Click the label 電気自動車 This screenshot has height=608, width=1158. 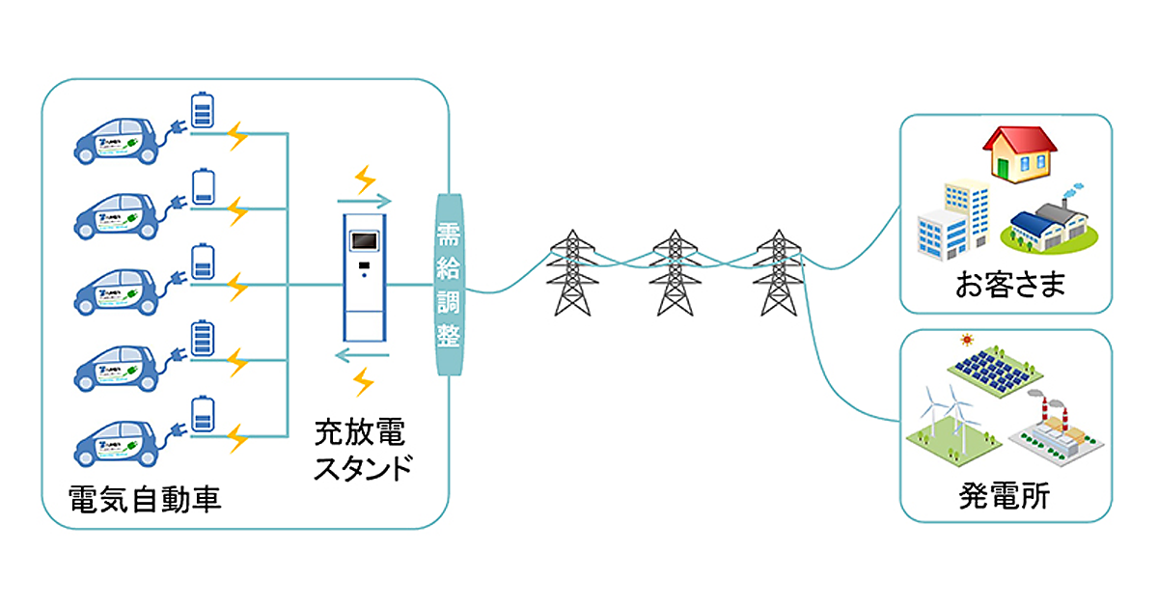click(x=146, y=497)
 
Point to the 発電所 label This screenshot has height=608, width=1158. click(x=1005, y=497)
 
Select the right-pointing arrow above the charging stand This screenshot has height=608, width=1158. click(x=364, y=202)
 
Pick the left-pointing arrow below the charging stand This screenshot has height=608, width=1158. click(x=362, y=356)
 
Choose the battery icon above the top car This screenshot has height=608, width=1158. click(x=203, y=110)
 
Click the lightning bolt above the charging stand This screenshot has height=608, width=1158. click(x=364, y=178)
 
